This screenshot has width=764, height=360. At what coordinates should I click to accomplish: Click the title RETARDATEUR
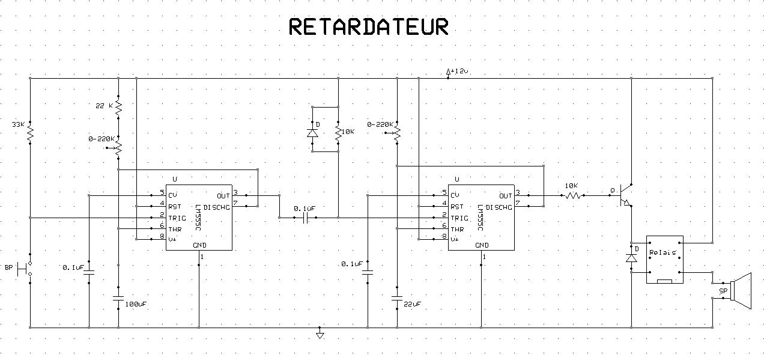(368, 27)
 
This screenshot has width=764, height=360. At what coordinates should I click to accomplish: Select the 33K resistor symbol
(29, 133)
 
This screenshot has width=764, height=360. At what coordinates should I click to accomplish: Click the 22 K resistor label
(103, 106)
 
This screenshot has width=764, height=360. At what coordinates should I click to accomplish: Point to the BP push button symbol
(26, 269)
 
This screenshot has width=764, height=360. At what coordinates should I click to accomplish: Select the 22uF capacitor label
(412, 304)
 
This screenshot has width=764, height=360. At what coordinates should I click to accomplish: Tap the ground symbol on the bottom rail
(320, 334)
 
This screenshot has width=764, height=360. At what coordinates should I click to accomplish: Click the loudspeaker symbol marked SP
(741, 291)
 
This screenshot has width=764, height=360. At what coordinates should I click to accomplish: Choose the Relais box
(664, 259)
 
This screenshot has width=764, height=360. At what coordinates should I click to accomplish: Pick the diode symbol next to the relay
(631, 258)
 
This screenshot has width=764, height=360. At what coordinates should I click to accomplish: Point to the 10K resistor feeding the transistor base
(572, 195)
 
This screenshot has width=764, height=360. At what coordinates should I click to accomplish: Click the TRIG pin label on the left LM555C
(177, 218)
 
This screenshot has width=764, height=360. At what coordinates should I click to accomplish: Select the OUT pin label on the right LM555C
(506, 195)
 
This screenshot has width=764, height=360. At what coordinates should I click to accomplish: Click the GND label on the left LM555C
(199, 245)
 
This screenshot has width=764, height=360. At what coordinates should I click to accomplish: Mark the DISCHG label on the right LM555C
(499, 207)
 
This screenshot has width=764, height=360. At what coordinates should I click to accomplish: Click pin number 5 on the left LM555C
(162, 193)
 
